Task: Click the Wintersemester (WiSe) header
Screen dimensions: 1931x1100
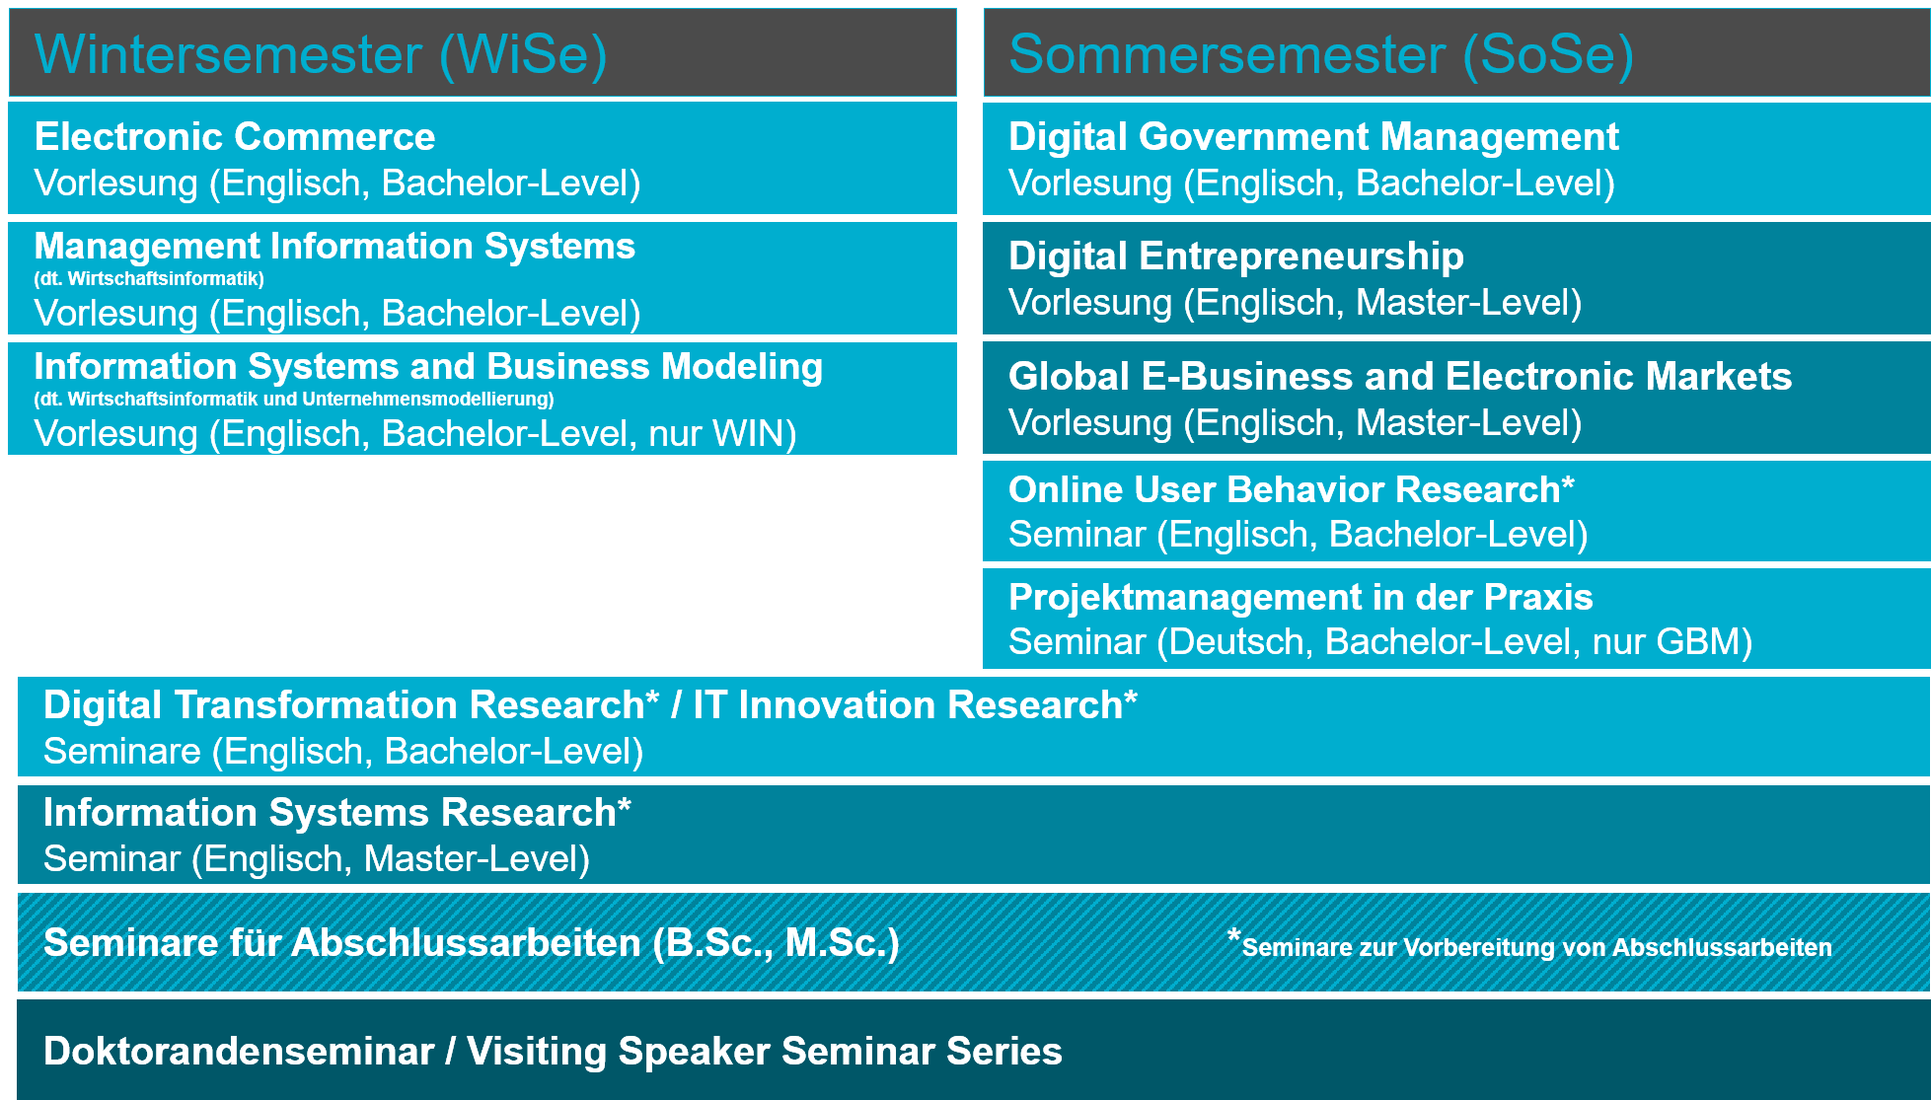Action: click(321, 55)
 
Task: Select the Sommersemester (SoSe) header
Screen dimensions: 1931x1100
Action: click(1321, 55)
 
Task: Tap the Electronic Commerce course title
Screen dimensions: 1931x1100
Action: click(235, 136)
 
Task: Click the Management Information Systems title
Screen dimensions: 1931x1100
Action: click(334, 246)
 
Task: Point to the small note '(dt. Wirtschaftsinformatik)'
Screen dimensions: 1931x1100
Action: click(149, 278)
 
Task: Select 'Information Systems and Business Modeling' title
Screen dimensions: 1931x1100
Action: click(428, 366)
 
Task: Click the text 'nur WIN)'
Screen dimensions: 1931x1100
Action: click(722, 434)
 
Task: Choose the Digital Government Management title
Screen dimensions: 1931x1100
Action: click(1313, 137)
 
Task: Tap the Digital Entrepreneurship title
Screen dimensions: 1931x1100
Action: click(1236, 257)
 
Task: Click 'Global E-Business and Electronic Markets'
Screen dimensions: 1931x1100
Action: click(1400, 376)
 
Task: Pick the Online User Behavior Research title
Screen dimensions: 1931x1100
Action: click(1292, 489)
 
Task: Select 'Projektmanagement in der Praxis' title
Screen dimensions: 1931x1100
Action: click(1300, 597)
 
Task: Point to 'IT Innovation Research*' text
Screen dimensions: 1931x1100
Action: click(916, 704)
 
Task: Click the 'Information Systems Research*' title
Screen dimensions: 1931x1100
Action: click(337, 812)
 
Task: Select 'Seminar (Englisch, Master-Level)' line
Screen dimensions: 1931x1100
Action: click(317, 859)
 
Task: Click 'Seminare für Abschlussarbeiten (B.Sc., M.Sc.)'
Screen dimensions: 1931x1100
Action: click(472, 943)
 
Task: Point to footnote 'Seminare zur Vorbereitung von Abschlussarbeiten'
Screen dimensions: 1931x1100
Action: click(1536, 948)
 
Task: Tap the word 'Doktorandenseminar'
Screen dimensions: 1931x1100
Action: click(239, 1051)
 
